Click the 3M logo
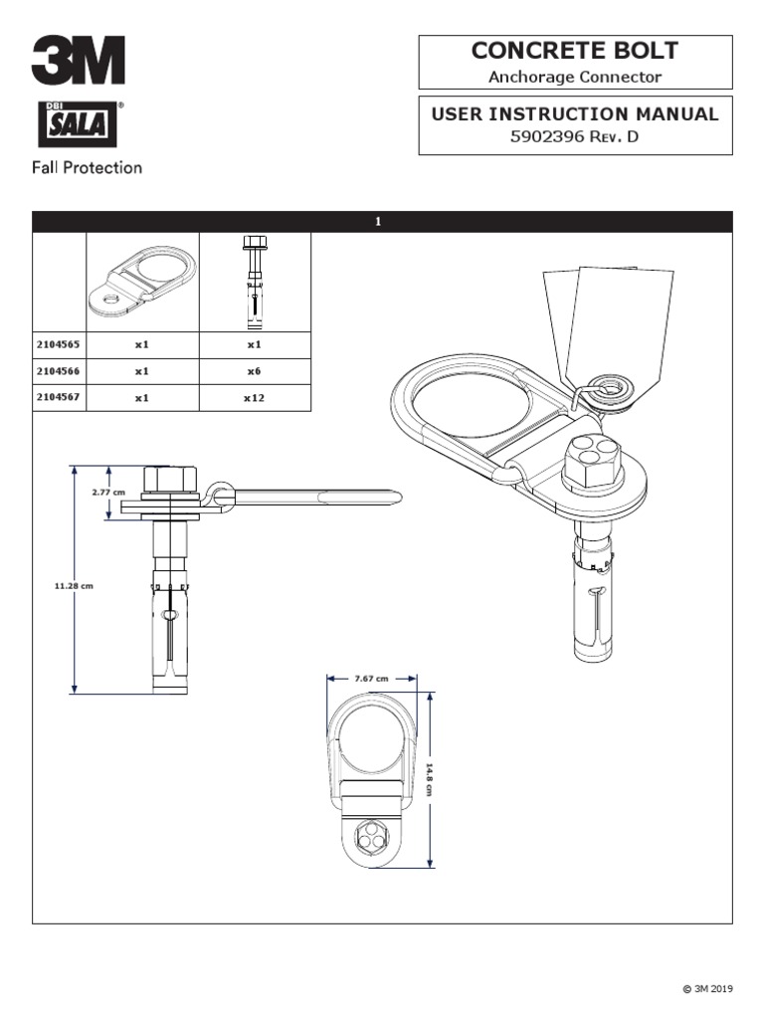pos(78,61)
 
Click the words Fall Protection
pos(88,167)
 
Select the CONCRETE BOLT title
pos(575,50)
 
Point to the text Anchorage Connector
pos(575,76)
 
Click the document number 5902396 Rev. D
pos(574,137)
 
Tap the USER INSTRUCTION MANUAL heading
pos(574,113)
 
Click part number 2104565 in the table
pos(59,344)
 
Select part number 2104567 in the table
pos(59,396)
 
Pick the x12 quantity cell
pos(254,396)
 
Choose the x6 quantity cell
pos(254,370)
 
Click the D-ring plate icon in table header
pos(142,282)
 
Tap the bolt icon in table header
pos(254,283)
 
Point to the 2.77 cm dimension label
pos(107,492)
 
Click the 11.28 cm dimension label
pos(74,586)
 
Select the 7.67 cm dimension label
pos(371,678)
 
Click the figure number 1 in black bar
pos(379,221)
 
